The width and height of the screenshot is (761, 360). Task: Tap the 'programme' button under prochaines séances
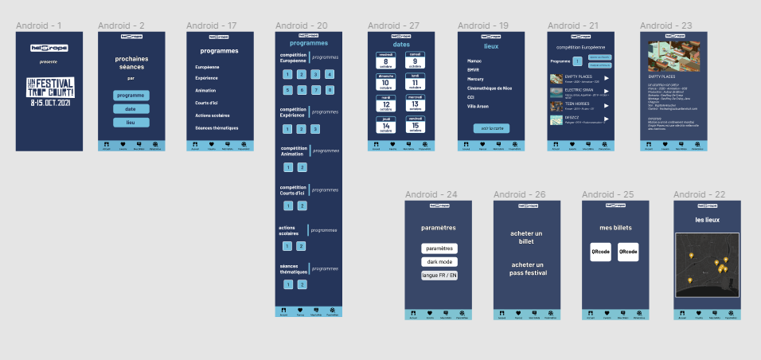tap(130, 96)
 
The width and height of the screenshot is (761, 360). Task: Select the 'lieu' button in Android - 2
tap(130, 123)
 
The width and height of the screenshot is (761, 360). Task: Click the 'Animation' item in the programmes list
tap(205, 91)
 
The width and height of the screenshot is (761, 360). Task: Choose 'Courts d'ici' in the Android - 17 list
tap(208, 103)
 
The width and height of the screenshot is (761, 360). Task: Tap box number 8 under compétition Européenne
tap(330, 90)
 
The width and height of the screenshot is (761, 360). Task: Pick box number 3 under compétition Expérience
tap(315, 129)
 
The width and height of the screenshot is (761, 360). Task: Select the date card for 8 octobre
tap(385, 61)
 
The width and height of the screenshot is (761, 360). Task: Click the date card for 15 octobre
tap(414, 124)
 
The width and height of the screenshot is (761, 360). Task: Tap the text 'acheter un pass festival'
tap(528, 268)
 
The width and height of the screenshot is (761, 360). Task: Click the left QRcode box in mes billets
tap(599, 252)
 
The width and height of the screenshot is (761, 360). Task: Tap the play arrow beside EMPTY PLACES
tap(606, 78)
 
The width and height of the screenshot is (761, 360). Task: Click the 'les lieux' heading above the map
tap(707, 220)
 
